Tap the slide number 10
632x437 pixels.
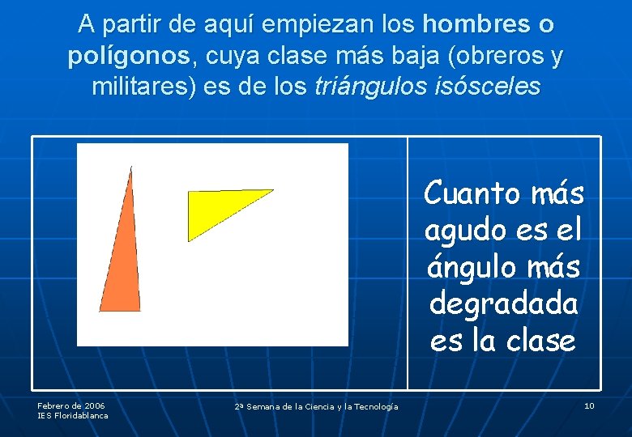pos(589,405)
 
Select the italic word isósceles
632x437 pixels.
pos(488,87)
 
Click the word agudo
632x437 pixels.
pos(465,231)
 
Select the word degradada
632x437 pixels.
pos(503,303)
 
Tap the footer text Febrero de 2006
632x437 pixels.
pos(71,405)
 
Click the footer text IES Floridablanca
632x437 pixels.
pos(73,415)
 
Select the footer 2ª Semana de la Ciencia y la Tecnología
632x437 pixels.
pos(316,406)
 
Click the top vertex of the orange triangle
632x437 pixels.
pos(130,168)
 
